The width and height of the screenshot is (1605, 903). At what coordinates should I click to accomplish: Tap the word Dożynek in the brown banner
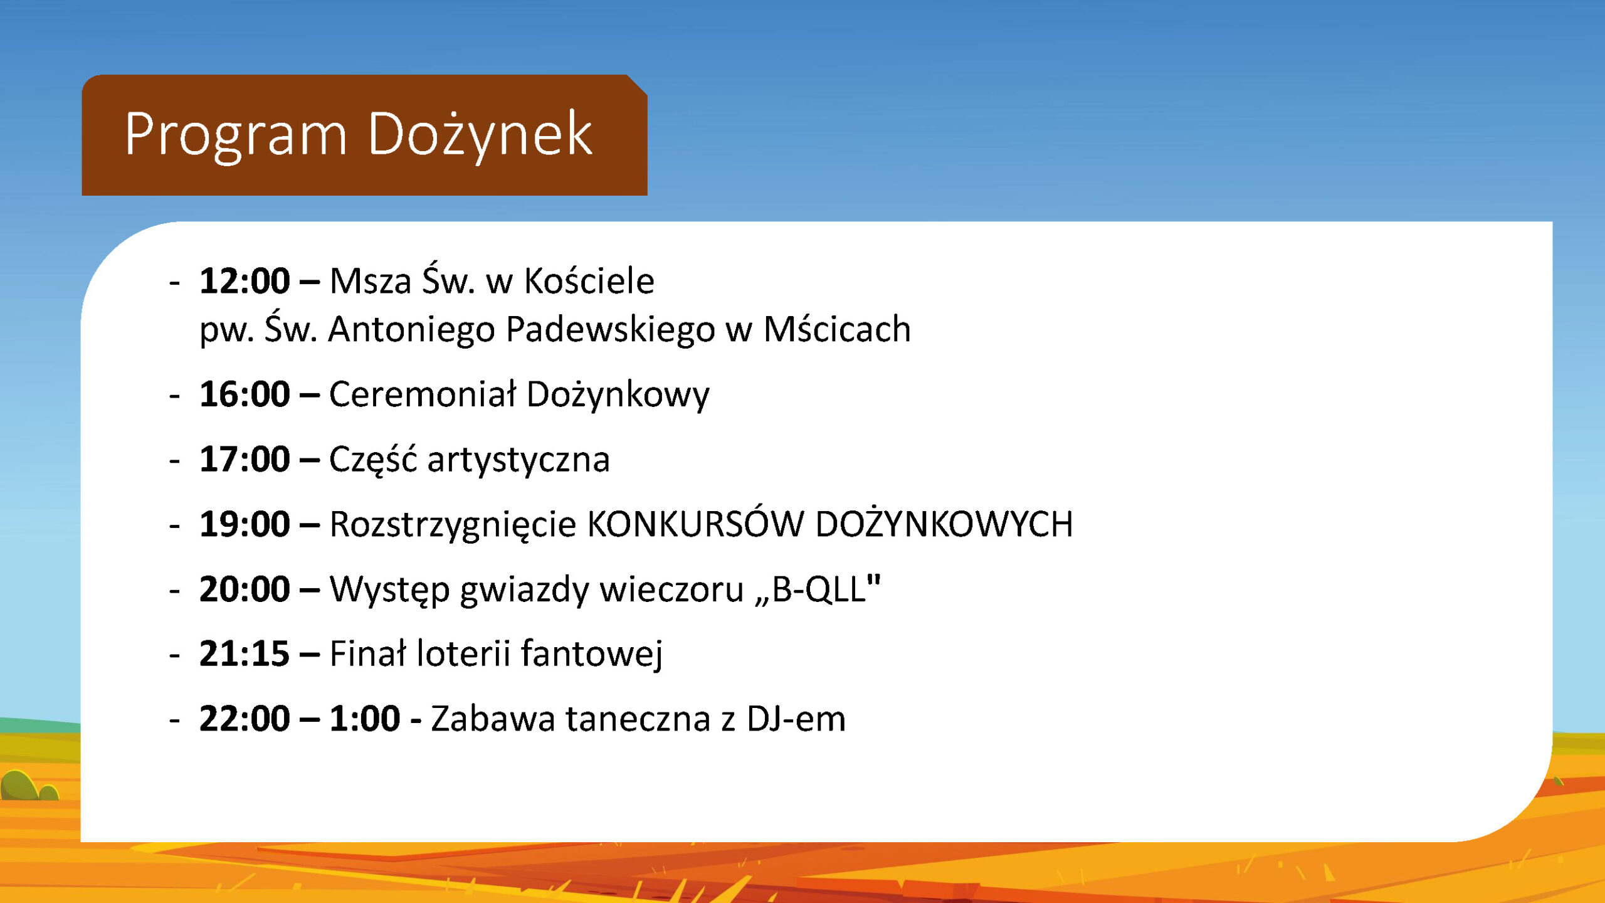(480, 134)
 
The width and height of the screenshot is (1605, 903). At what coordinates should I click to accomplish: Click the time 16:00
(245, 394)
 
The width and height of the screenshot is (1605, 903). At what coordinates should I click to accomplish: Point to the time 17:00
(245, 459)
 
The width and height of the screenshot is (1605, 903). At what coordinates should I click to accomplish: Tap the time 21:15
(245, 653)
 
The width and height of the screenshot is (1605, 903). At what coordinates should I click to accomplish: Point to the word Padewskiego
(611, 330)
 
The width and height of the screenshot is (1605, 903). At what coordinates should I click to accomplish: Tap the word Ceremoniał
(423, 394)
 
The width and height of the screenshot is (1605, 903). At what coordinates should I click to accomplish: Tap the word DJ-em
(796, 719)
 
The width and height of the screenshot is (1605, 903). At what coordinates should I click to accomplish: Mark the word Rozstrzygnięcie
(453, 525)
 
